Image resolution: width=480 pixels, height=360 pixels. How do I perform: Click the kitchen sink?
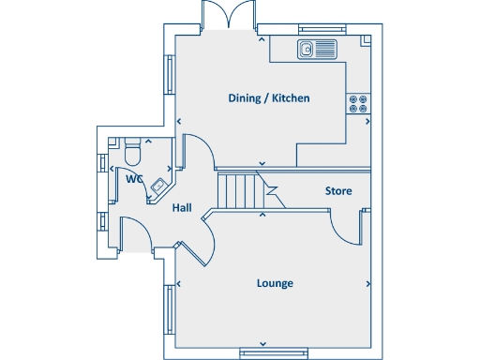(317, 49)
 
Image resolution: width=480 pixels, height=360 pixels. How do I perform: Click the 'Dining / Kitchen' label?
(269, 98)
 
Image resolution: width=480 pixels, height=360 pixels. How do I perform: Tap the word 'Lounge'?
(274, 283)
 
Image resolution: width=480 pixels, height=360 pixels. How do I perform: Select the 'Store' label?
(338, 191)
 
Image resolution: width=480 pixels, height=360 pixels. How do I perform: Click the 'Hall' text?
(182, 208)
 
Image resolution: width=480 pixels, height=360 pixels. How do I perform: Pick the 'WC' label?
(133, 178)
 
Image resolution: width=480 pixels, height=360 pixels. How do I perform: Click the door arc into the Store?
(345, 226)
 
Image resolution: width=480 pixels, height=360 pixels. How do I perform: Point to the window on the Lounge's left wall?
(170, 309)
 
